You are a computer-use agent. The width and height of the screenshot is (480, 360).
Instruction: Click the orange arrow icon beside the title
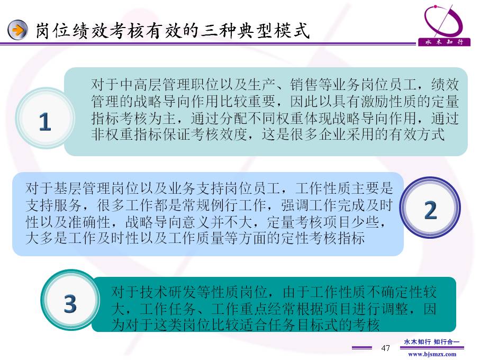coord(17,30)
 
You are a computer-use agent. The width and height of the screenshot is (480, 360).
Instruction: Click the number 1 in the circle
coord(44,122)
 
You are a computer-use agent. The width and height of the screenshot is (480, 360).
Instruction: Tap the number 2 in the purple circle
coord(430,210)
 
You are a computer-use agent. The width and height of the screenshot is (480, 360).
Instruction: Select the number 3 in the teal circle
coord(70,303)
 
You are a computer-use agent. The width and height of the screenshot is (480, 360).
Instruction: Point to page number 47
coord(385,348)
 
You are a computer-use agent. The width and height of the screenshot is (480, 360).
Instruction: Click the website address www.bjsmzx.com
coord(432,354)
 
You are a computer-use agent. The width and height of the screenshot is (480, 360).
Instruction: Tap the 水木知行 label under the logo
coord(444,42)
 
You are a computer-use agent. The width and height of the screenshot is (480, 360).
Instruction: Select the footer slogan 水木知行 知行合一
coord(432,341)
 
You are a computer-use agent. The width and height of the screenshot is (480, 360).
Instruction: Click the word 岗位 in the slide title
coord(52,31)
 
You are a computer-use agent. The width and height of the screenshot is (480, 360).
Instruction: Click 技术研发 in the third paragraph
coord(168,292)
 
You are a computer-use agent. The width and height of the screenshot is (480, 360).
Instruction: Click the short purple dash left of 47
coord(362,348)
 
